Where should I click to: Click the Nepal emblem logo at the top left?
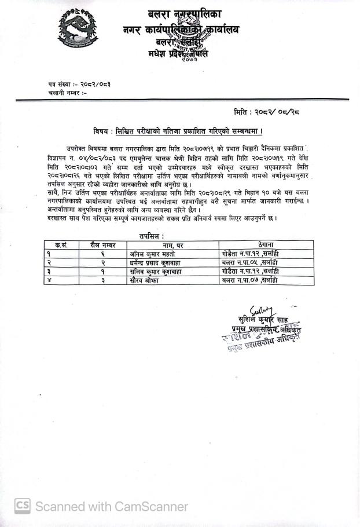click(77, 30)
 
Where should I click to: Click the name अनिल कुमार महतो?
click(153, 254)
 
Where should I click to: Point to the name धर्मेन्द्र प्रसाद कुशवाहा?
click(159, 262)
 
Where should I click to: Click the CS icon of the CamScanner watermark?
click(23, 506)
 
